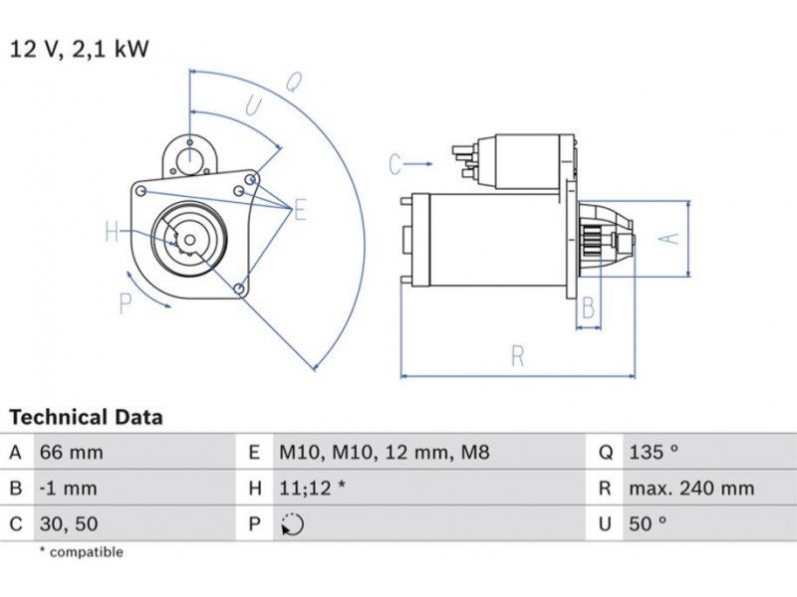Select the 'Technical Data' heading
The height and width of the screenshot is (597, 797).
(x=86, y=417)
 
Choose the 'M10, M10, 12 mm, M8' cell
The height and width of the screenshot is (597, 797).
(x=384, y=453)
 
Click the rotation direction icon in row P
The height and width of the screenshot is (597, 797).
(x=293, y=524)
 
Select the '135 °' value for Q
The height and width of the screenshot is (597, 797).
(x=654, y=453)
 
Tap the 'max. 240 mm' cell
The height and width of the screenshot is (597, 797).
(x=690, y=489)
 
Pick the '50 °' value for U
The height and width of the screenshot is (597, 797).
(x=648, y=523)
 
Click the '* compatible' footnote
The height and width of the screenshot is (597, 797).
(x=81, y=552)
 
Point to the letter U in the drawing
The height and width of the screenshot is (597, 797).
(x=253, y=106)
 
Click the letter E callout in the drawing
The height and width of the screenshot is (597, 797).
(x=299, y=210)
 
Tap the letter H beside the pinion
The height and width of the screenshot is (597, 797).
(x=112, y=234)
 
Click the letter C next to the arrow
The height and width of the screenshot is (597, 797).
(x=395, y=163)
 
